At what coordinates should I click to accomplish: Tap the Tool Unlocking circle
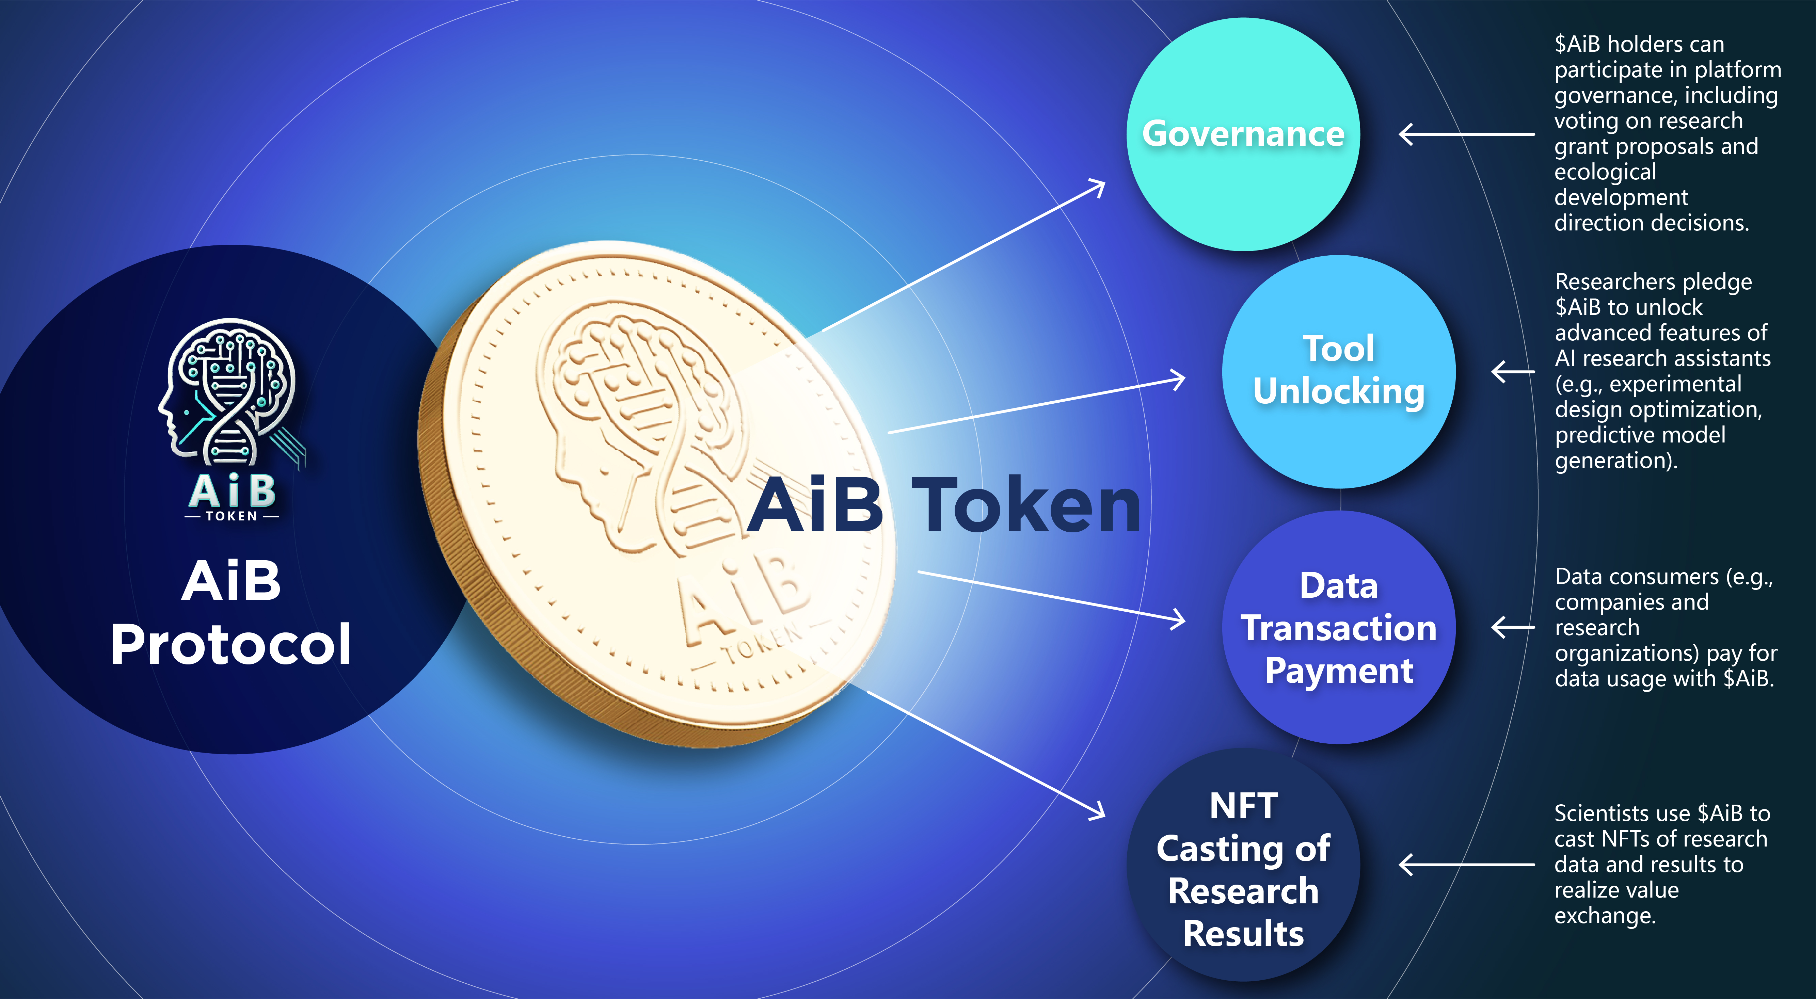pos(1339,372)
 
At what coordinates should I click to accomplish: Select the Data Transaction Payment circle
pos(1339,627)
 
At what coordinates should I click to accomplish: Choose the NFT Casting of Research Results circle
pos(1244,865)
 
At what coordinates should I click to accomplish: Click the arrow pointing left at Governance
pos(1466,134)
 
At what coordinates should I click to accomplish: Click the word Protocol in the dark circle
pos(231,644)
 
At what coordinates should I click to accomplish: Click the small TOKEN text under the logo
pos(231,516)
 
